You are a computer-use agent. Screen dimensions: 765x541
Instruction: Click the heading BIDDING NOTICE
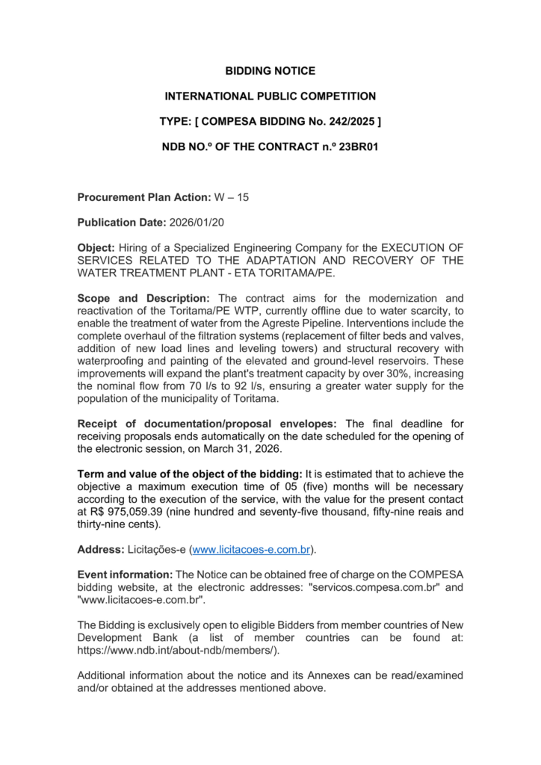coord(270,71)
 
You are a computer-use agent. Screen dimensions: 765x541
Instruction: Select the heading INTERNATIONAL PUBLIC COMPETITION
coord(270,96)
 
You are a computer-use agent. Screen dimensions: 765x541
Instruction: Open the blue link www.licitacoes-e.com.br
coord(251,550)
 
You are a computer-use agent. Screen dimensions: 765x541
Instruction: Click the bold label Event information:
coord(125,574)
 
